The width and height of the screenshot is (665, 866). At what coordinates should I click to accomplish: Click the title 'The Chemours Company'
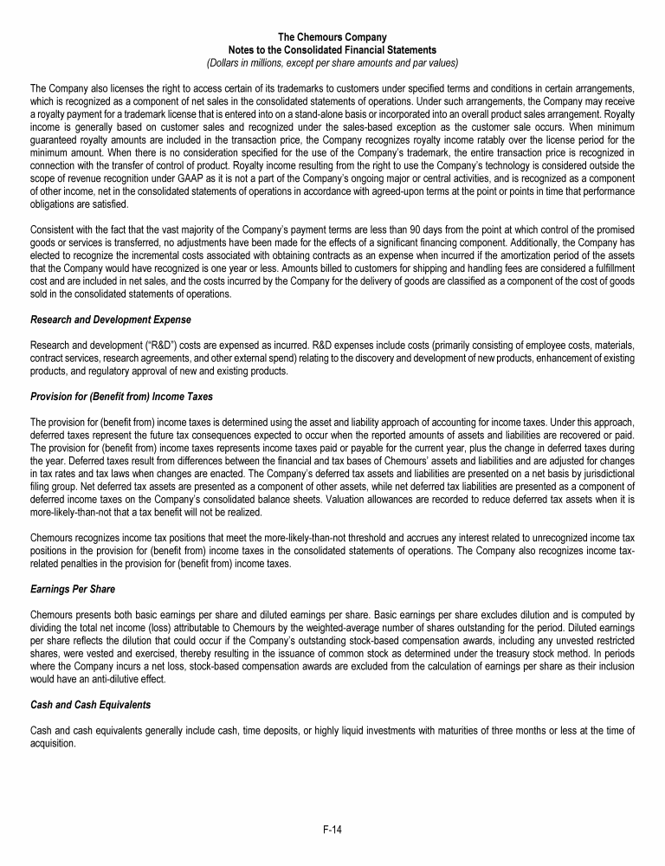click(332, 37)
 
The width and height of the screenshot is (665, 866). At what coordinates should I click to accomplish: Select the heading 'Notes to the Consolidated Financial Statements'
click(332, 50)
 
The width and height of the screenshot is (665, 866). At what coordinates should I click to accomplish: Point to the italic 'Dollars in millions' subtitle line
click(332, 63)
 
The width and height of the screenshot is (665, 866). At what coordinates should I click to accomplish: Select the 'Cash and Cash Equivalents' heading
click(90, 705)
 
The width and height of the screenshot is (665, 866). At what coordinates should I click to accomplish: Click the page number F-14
click(332, 830)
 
